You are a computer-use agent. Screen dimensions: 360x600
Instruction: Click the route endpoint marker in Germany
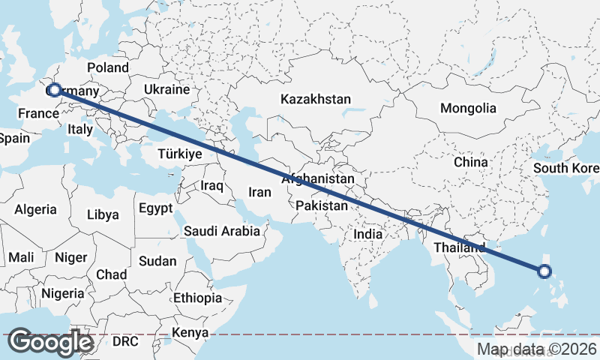[x=54, y=90]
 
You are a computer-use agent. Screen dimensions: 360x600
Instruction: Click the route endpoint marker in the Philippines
[x=545, y=271]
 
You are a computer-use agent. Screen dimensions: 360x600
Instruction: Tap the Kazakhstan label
[x=316, y=99]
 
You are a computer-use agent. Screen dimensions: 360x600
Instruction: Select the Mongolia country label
[x=468, y=108]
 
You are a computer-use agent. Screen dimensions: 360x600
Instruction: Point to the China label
[x=470, y=161]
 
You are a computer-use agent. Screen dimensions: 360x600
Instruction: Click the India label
[x=367, y=234]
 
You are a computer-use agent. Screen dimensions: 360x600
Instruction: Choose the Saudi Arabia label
[x=222, y=231]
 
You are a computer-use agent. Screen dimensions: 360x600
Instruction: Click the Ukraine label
[x=167, y=89]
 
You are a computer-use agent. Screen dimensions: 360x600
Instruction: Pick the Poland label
[x=108, y=67]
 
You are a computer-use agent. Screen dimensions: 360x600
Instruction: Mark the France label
[x=38, y=113]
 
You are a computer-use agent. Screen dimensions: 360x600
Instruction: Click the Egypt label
[x=156, y=208]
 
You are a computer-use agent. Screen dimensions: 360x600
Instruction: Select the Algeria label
[x=36, y=209]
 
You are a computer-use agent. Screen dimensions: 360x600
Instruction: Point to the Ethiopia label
[x=197, y=298]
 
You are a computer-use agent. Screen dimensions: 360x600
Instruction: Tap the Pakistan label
[x=322, y=205]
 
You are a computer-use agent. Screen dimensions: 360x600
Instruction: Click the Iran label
[x=259, y=192]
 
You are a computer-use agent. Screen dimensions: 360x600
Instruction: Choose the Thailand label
[x=459, y=247]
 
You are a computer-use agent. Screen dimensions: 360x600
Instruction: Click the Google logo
[x=51, y=342]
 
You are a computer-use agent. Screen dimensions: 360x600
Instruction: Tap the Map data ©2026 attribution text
[x=537, y=349]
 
